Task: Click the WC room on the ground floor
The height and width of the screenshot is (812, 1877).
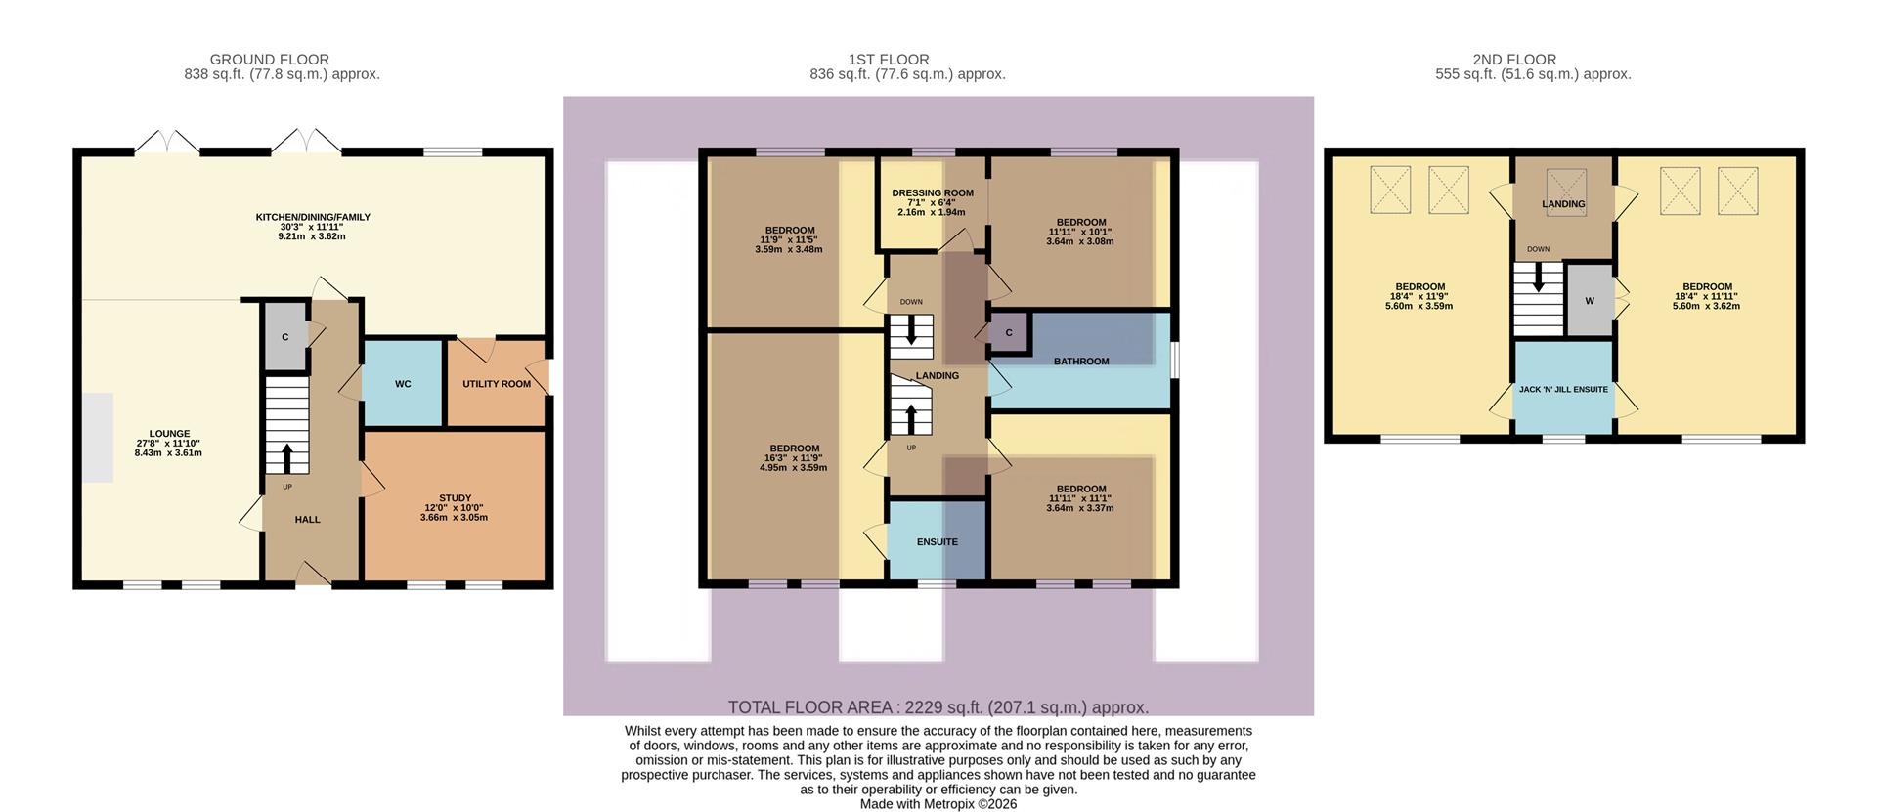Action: (403, 384)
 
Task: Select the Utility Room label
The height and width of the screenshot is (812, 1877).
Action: (497, 384)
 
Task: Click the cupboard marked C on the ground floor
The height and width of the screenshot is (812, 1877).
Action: (285, 337)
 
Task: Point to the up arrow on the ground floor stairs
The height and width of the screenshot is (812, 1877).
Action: (287, 458)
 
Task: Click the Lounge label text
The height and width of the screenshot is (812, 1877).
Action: (169, 434)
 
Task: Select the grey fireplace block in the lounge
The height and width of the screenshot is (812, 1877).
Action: (97, 437)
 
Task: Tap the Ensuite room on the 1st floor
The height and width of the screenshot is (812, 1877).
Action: (937, 541)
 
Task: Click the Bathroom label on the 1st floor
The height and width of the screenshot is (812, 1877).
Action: (1081, 362)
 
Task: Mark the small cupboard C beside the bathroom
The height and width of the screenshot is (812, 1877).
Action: (1009, 333)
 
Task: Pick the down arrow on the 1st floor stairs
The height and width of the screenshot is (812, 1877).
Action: (912, 330)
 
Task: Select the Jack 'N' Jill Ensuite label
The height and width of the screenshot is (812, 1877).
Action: (1563, 389)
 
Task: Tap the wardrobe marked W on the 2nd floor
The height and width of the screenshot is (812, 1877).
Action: (1589, 301)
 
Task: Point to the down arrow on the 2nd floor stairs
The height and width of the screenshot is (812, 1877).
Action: (1540, 278)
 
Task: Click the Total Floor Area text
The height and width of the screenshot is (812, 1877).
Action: (938, 707)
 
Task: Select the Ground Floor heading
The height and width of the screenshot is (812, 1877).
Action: (270, 60)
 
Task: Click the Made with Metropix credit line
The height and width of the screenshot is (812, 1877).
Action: (938, 804)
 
